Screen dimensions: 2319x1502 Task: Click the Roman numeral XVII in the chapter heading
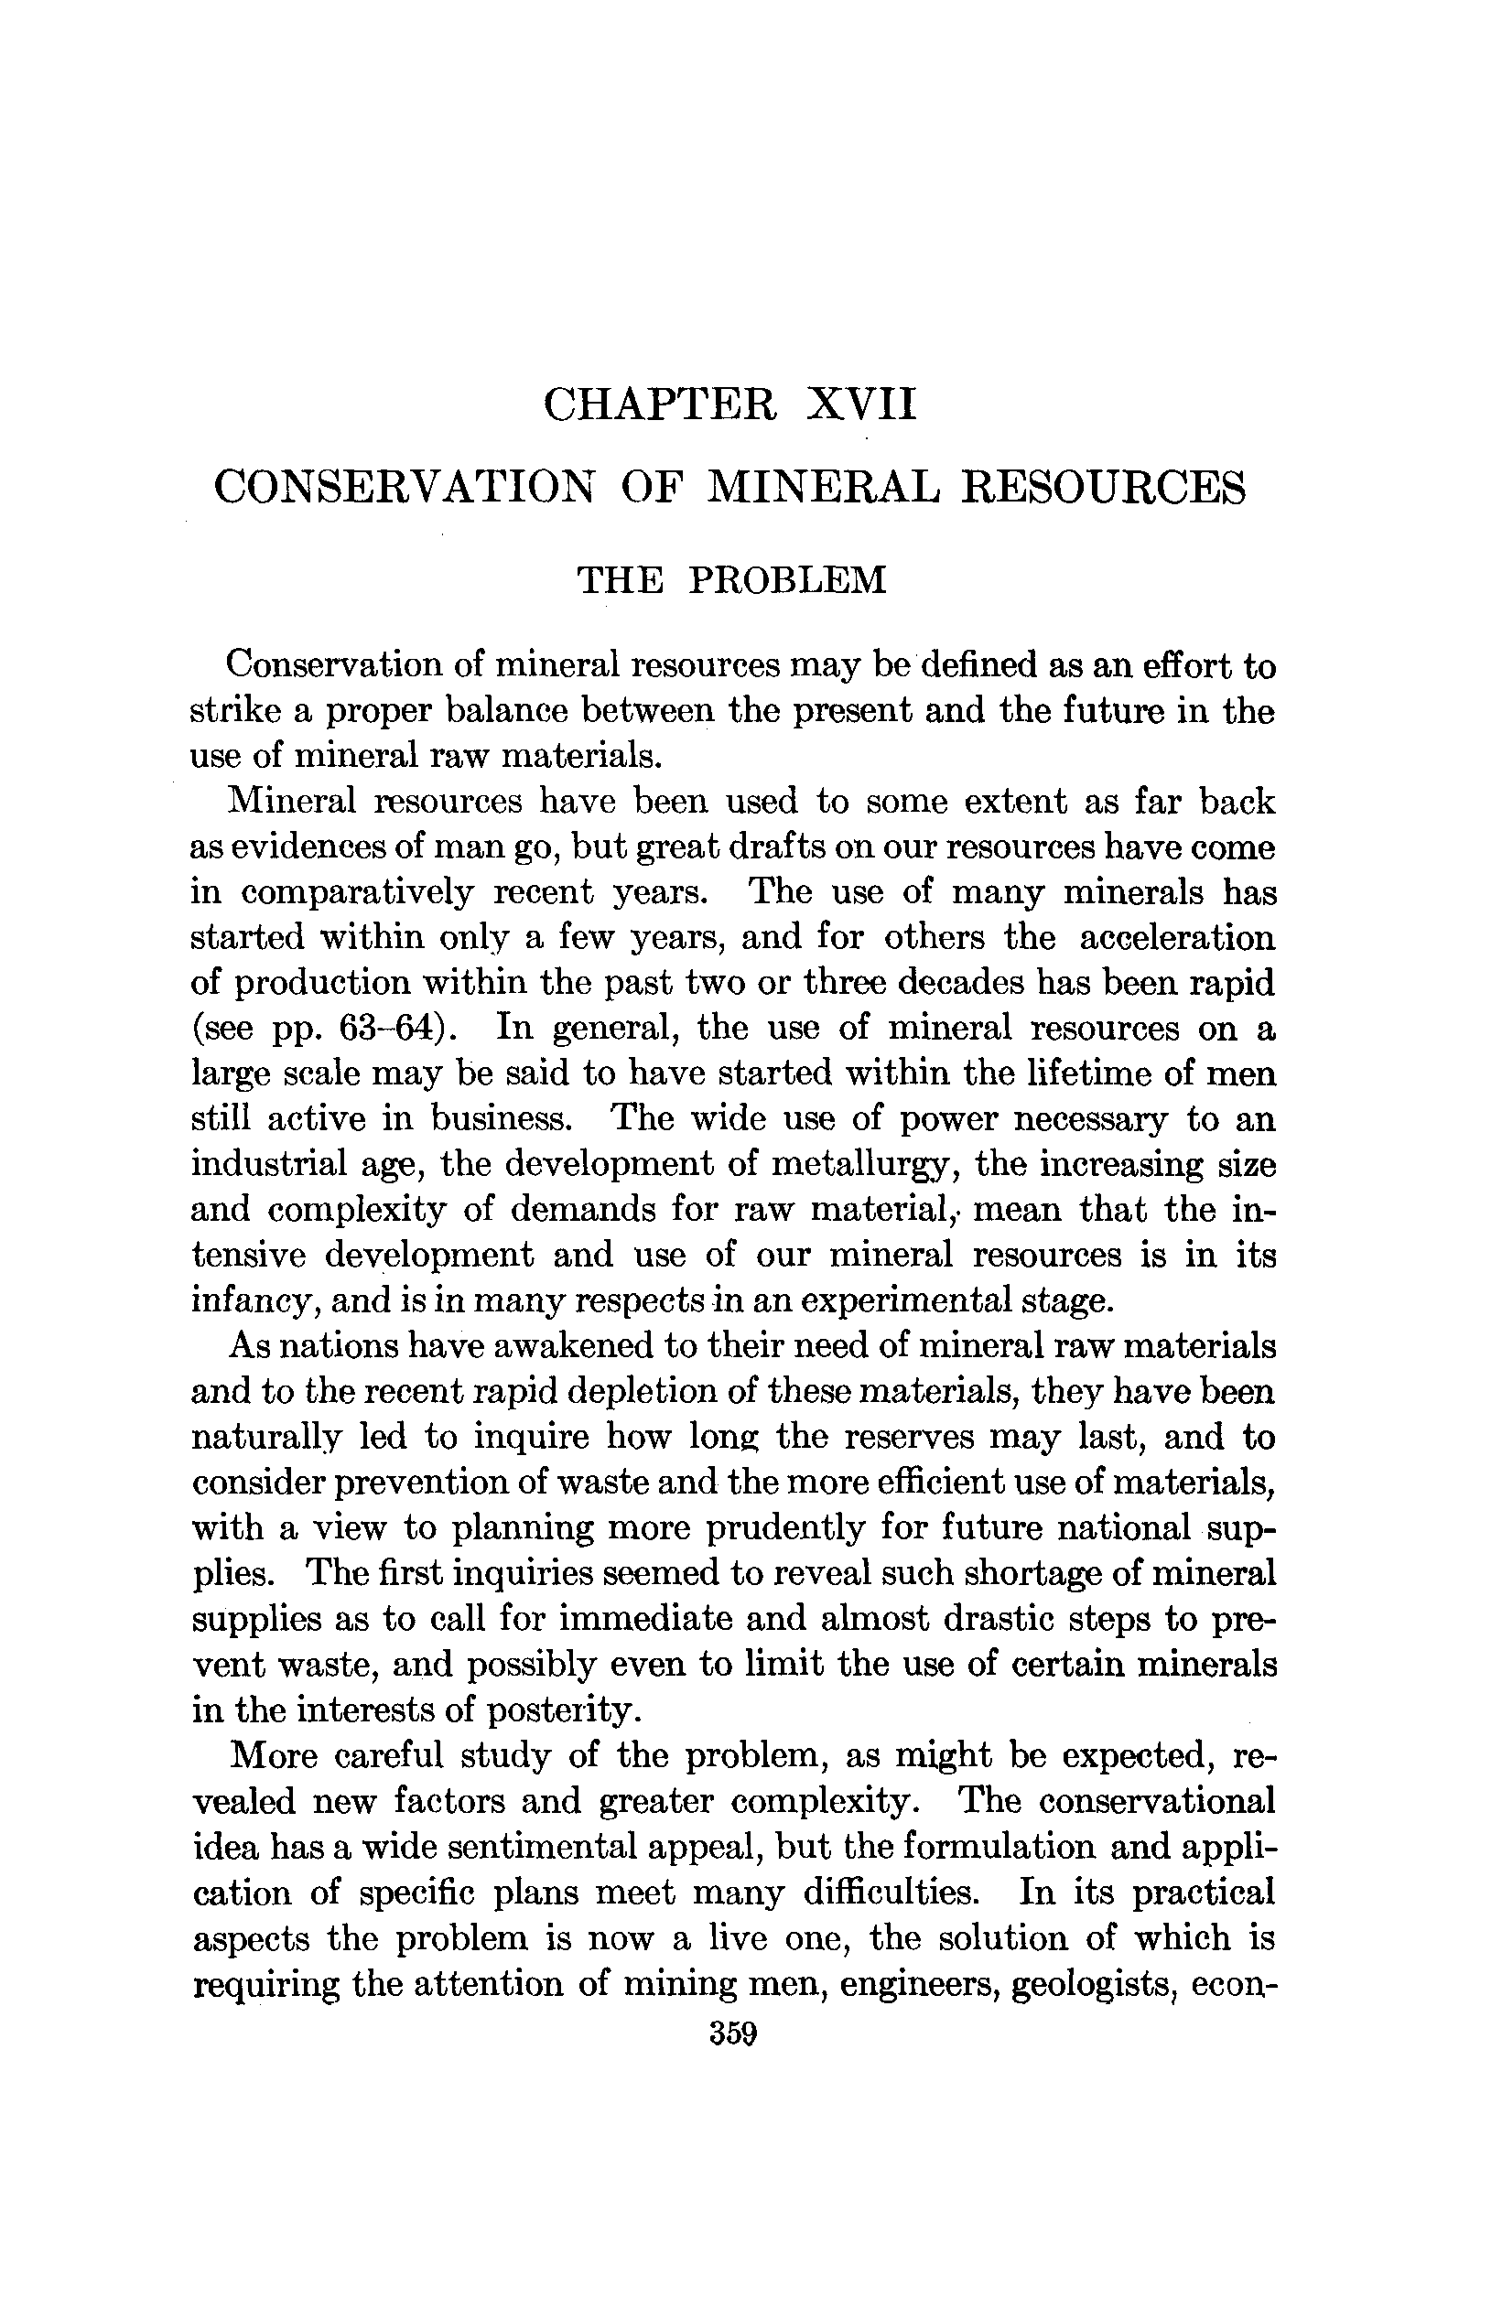pyautogui.click(x=861, y=404)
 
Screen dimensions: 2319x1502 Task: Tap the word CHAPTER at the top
pyautogui.click(x=660, y=404)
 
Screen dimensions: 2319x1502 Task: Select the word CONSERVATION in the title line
pyautogui.click(x=404, y=487)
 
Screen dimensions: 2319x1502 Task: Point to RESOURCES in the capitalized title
pyautogui.click(x=1103, y=487)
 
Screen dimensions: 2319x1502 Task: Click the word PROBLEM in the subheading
pyautogui.click(x=787, y=580)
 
